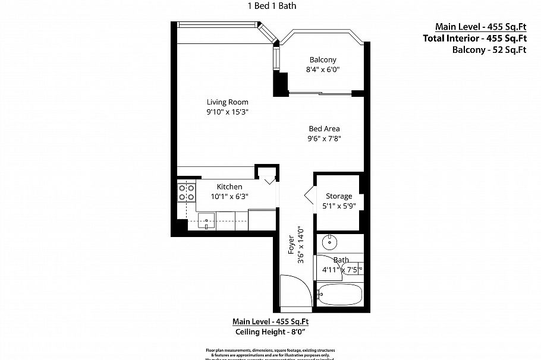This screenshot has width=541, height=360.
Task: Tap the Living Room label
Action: click(x=227, y=102)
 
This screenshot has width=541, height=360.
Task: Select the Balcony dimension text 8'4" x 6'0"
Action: click(x=323, y=70)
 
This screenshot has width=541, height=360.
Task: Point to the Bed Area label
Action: click(x=324, y=128)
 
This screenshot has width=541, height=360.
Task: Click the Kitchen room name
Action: click(x=229, y=187)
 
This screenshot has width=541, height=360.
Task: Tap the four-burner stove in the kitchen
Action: click(x=187, y=192)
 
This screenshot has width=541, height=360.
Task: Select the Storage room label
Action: click(x=339, y=196)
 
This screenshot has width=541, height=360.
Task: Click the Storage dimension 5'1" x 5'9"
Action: click(x=339, y=206)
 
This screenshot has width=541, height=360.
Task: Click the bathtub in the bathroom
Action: click(x=339, y=293)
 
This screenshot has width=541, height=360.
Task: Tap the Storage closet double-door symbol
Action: click(x=309, y=197)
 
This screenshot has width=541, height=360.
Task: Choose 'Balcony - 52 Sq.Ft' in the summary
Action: click(x=489, y=50)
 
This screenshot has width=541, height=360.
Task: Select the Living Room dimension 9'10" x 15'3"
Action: click(x=227, y=112)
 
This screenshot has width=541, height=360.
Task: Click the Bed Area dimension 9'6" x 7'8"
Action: click(x=324, y=139)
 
